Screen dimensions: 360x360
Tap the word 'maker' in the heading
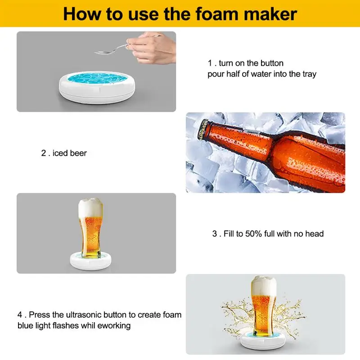click(272, 13)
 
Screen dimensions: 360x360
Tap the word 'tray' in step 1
click(308, 74)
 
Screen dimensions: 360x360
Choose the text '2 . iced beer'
click(64, 153)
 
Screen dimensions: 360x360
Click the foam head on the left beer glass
click(90, 207)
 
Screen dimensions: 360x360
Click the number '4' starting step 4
click(19, 315)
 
